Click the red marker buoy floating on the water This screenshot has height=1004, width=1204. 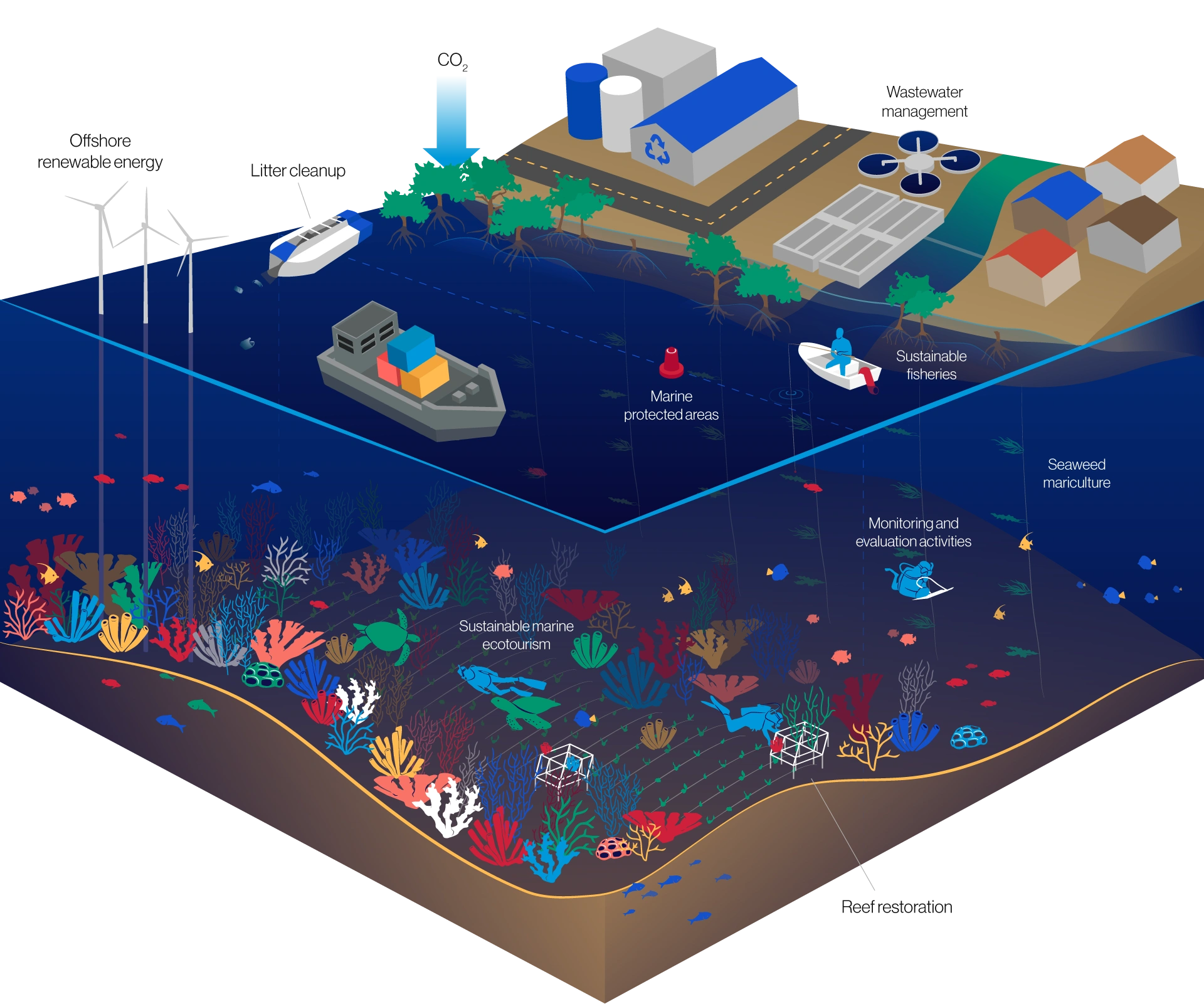(671, 363)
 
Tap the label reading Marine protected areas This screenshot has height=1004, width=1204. (671, 406)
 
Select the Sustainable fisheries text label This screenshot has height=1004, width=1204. (931, 365)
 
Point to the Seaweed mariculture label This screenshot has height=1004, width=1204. (1076, 473)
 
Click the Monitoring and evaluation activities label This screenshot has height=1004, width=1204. (913, 532)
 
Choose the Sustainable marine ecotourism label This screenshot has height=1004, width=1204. (516, 635)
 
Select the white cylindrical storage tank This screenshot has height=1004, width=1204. (620, 113)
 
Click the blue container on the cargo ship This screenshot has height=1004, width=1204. (411, 348)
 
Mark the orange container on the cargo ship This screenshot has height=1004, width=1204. (426, 376)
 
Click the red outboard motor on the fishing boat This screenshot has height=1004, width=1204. (869, 380)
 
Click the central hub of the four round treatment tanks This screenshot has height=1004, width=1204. (919, 162)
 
